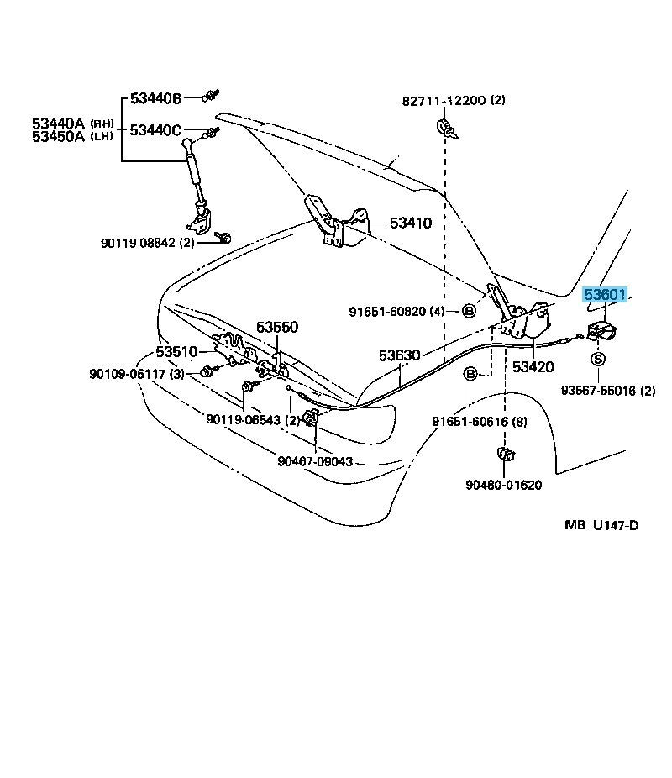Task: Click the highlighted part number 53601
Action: (606, 294)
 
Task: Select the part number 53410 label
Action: (411, 223)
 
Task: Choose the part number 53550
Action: (277, 328)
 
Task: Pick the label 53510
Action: (176, 352)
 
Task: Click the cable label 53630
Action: (399, 355)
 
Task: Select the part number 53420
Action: (533, 366)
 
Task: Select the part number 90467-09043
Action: (315, 461)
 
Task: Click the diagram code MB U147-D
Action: (601, 525)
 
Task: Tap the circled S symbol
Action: (598, 359)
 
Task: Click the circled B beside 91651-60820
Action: (470, 311)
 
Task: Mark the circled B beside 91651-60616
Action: (470, 373)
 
